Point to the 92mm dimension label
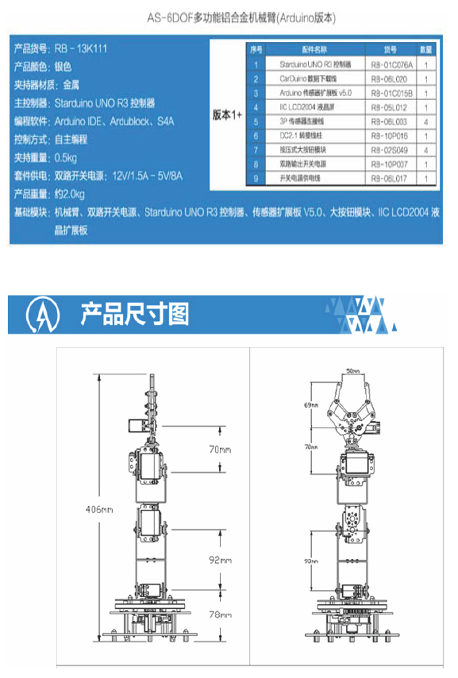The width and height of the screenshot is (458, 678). pos(219,561)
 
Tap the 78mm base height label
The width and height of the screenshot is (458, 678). pos(219,614)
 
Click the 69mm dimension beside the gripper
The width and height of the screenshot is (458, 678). pos(311,405)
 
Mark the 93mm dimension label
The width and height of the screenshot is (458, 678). pos(311,561)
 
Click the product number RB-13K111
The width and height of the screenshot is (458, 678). pos(81,49)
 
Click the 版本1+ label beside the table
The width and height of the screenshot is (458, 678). pos(228,114)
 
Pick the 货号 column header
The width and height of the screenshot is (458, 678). pos(390,50)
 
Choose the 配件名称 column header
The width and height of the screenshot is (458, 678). pos(315,50)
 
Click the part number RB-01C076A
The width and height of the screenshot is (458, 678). pos(391,65)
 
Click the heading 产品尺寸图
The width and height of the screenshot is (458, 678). pos(135,314)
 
